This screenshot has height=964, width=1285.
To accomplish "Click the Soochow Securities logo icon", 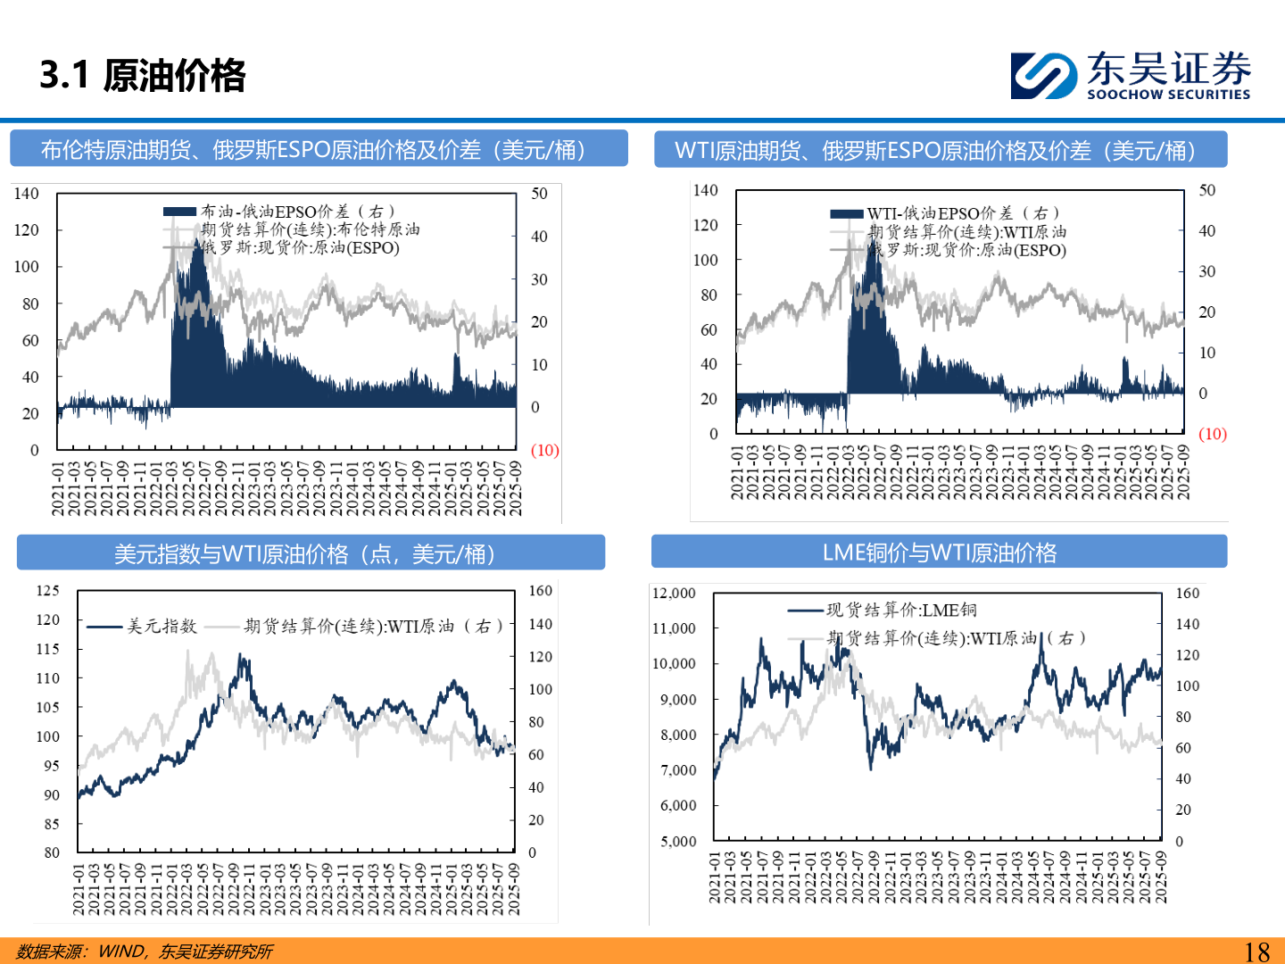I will coord(1043,75).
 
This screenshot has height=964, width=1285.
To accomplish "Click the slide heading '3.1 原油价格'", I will coord(143,75).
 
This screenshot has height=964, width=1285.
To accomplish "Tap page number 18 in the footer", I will coord(1256,952).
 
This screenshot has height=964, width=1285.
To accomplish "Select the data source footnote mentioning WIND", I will coord(145,952).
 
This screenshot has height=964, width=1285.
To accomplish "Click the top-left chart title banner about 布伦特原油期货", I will coord(319,149).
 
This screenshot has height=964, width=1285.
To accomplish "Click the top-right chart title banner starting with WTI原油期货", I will coord(940,150).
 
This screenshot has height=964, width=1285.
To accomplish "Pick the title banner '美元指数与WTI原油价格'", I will coord(311,553).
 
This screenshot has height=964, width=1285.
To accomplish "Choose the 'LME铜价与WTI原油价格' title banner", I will coord(939,553).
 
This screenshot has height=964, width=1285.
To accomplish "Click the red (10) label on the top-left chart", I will coord(544,451).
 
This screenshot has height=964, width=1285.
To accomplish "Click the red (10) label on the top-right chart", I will coord(1212,435).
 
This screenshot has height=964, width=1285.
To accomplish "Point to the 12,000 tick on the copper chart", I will coord(674,594).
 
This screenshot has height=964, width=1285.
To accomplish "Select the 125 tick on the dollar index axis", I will coord(48,591).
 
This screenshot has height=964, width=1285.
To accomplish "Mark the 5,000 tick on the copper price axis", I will coord(678,842).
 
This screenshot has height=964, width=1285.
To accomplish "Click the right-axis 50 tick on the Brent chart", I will coord(539,194).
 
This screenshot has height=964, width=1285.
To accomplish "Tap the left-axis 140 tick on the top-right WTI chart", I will coord(705,190).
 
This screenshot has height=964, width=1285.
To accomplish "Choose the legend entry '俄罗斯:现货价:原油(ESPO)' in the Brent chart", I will coord(300,248).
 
